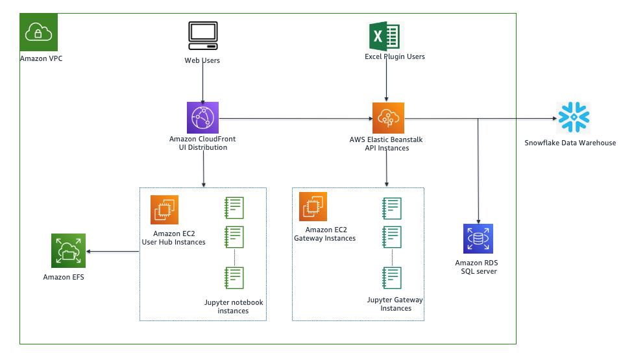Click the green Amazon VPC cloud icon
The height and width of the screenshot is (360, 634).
click(39, 32)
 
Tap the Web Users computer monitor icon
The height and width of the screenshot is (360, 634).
click(202, 36)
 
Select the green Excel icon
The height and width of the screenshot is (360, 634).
click(387, 36)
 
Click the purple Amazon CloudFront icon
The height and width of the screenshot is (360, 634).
click(202, 118)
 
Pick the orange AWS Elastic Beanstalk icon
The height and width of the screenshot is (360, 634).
click(388, 118)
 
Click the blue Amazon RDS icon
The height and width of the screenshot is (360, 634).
click(478, 239)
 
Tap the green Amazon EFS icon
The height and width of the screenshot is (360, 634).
click(67, 251)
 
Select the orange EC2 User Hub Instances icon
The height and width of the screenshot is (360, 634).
click(164, 210)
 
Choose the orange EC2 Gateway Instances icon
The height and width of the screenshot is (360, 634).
click(313, 206)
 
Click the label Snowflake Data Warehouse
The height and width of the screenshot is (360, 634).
click(570, 143)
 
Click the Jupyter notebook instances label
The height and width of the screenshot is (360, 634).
click(233, 307)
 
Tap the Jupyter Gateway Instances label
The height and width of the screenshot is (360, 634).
click(395, 304)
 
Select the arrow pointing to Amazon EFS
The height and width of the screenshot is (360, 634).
click(113, 252)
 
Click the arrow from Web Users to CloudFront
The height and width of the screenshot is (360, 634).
click(203, 84)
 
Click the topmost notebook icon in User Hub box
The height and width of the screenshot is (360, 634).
click(234, 208)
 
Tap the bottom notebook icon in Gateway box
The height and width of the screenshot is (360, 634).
click(392, 278)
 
